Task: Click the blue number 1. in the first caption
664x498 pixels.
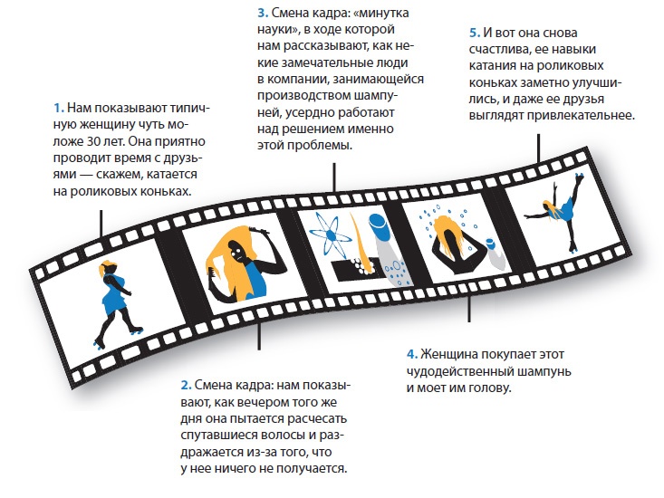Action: (x=59, y=109)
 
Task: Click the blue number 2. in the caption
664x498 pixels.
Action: (x=186, y=385)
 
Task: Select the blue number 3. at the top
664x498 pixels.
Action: (x=263, y=13)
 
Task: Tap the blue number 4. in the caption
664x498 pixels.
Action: (x=412, y=354)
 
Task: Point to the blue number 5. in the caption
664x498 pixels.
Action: (x=475, y=33)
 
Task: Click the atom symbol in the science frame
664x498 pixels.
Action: (x=331, y=235)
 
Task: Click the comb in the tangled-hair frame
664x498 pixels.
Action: (x=213, y=281)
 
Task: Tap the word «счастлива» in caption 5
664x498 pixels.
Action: (x=499, y=50)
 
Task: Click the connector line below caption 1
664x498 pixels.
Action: (x=101, y=224)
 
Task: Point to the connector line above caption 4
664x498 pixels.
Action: (x=468, y=310)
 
